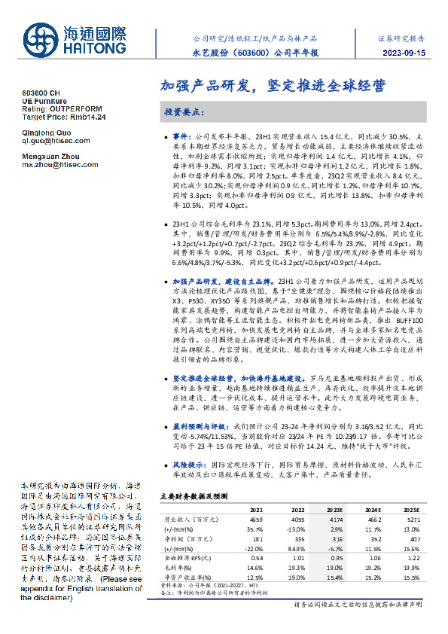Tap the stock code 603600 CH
click(42, 91)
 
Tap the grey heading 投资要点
click(184, 111)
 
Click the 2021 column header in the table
click(258, 510)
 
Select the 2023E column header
click(336, 510)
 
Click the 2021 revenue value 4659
click(258, 519)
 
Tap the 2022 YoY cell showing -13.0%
click(297, 528)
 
